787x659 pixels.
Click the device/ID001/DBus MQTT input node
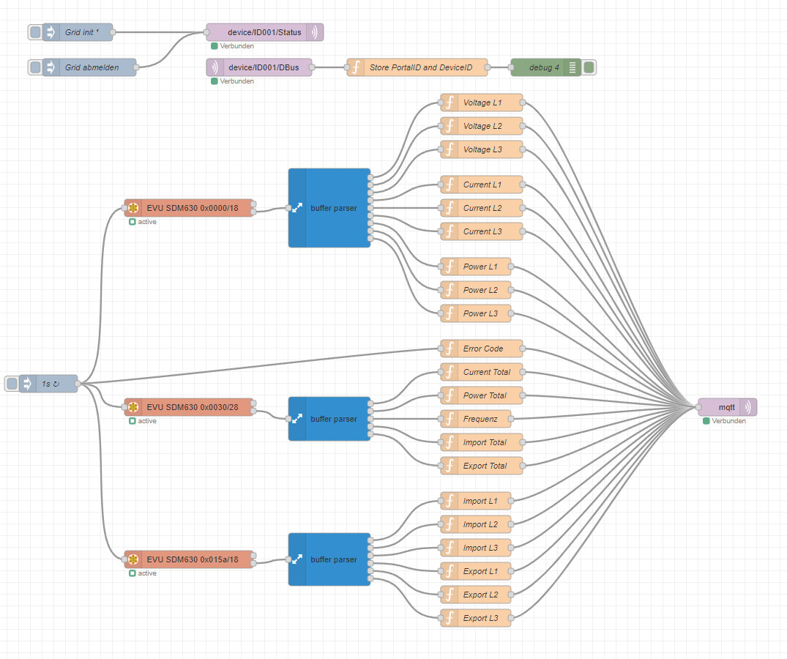coord(264,67)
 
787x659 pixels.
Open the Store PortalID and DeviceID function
coord(420,67)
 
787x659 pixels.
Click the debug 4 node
coord(544,67)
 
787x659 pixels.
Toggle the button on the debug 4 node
coord(589,67)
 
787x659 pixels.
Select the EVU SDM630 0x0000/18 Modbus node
coord(192,208)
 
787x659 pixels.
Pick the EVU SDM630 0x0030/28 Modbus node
coord(192,407)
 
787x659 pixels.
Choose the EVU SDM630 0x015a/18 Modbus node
coord(192,559)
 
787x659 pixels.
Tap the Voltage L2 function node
coord(482,126)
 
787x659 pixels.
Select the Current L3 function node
coord(482,231)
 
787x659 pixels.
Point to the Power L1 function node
coord(480,267)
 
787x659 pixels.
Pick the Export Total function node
coord(484,466)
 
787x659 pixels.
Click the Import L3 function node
coord(480,548)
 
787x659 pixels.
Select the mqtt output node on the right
coord(726,407)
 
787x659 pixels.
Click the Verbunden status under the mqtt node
coord(728,421)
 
